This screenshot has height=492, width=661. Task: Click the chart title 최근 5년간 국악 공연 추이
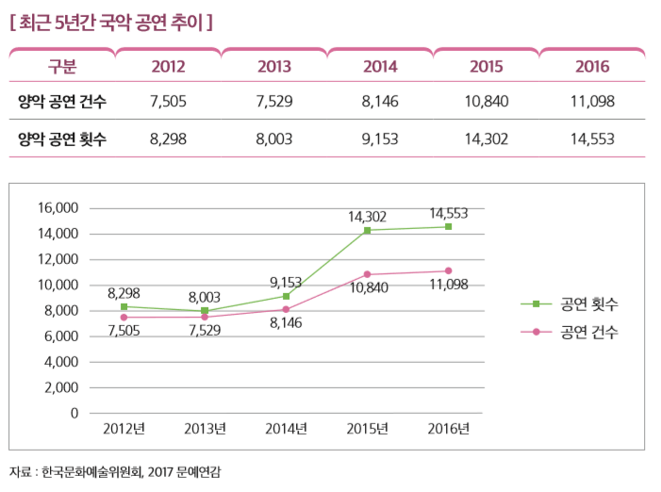coord(110,20)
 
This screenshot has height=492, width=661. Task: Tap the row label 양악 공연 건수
coord(61,102)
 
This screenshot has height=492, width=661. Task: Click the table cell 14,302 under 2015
coord(487,139)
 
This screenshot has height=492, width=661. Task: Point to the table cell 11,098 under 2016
coord(592,102)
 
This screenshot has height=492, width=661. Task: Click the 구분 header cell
coord(61,67)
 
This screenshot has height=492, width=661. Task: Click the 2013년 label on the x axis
coord(205,429)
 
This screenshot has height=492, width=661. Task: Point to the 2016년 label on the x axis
coord(448,429)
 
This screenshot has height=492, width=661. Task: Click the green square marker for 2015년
coord(367,230)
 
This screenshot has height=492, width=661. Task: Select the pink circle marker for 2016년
coord(448,271)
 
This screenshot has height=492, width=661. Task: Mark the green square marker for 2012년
coord(124,307)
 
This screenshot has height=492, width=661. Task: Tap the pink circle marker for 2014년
coord(286,309)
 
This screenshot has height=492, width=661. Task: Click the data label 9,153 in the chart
coord(286,281)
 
